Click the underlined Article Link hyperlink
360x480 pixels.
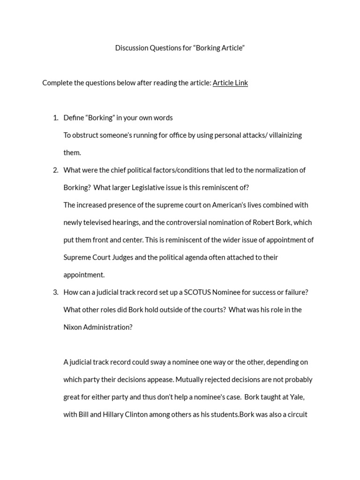coord(230,83)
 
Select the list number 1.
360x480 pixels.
coord(55,118)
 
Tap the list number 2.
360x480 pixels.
coord(55,170)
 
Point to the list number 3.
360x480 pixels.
coord(55,292)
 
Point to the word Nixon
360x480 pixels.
coord(73,327)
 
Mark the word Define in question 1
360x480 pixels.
coord(74,118)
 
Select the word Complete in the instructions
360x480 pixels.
coord(57,83)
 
